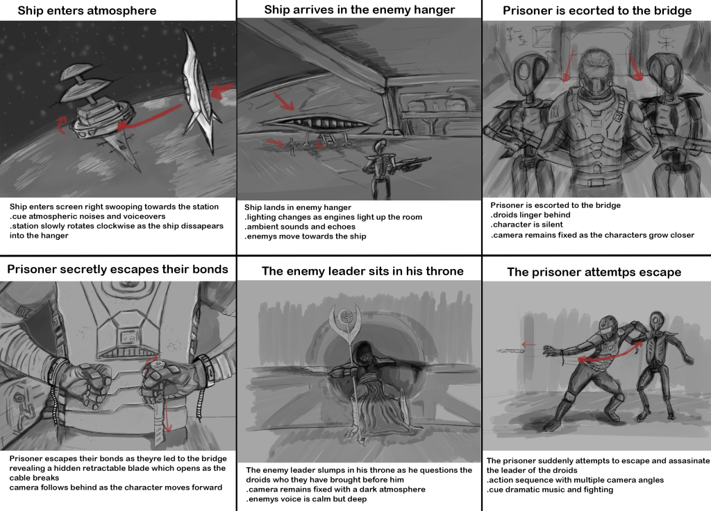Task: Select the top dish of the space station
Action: [78, 71]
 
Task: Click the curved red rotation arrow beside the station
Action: [61, 125]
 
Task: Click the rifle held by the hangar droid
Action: [411, 164]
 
